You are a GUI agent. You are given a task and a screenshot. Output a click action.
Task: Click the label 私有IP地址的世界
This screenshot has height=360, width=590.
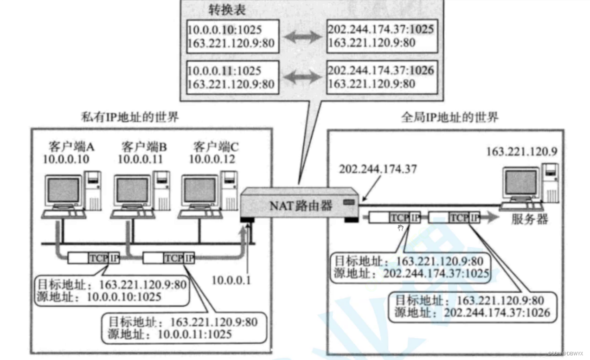pos(130,117)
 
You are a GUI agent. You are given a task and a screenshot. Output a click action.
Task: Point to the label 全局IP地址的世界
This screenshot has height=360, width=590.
pos(449,117)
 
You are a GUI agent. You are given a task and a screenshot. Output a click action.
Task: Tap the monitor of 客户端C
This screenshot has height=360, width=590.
pos(200,191)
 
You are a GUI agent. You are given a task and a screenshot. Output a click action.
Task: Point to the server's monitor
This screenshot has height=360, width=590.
pos(522,183)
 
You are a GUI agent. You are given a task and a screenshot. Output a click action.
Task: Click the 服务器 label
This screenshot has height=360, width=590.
pos(530,219)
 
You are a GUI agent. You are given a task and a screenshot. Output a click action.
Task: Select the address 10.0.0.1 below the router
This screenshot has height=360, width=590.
pos(231,280)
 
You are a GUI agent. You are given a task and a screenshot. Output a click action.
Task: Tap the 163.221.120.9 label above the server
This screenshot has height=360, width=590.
pos(521,152)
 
